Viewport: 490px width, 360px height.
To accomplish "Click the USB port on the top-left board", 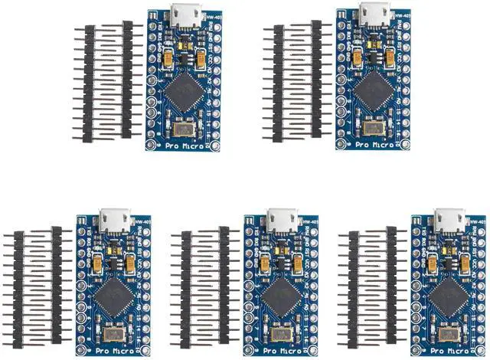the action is pos(183,14).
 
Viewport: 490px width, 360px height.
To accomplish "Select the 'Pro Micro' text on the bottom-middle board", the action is pos(276,350).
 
